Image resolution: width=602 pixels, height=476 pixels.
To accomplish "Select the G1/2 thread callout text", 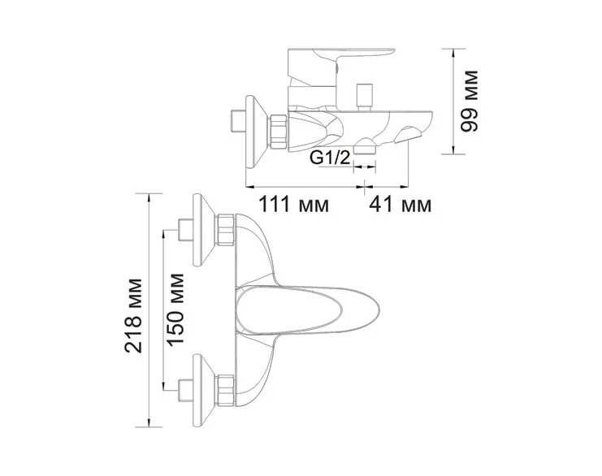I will click(x=331, y=158).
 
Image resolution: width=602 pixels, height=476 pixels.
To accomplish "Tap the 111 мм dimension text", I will click(x=293, y=204).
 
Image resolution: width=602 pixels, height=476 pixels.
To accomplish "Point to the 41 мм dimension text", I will click(x=401, y=204).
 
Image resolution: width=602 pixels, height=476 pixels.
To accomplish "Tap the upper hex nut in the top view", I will click(x=226, y=230).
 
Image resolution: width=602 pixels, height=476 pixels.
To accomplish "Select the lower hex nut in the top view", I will click(x=226, y=389).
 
